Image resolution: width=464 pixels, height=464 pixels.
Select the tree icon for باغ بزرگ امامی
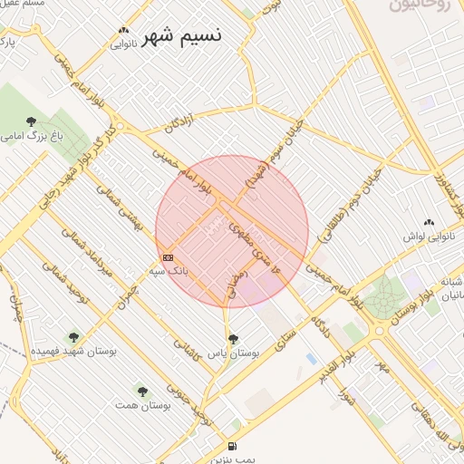coord(32,121)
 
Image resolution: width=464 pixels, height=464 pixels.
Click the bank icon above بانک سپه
coord(168,258)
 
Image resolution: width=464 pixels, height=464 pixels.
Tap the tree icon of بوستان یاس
coord(234,339)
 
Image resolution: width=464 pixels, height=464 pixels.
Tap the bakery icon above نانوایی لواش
coord(429,223)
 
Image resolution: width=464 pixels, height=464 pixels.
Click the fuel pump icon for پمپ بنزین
coord(234,446)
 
